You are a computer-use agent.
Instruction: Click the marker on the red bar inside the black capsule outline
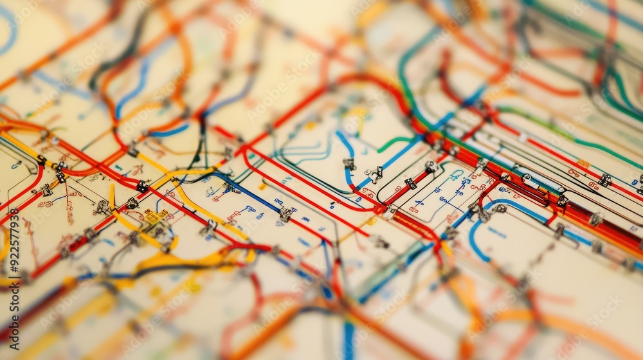pyautogui.click(x=410, y=183)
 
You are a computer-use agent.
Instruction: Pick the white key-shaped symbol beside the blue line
pyautogui.click(x=374, y=173)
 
